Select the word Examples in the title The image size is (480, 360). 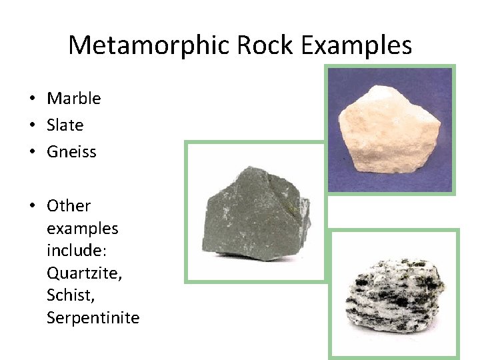point(356,45)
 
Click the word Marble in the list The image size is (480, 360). point(74,99)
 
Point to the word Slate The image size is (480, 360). point(65,125)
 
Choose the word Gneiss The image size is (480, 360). point(71,152)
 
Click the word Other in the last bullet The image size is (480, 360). point(69,206)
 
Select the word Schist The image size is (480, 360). point(68,295)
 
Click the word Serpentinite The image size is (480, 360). point(93,318)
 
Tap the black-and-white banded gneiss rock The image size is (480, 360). point(393,293)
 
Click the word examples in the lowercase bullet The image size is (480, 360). point(82,229)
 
